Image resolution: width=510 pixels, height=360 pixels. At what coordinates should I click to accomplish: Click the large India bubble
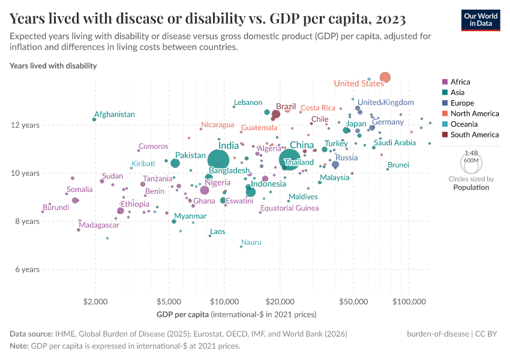pos(219,160)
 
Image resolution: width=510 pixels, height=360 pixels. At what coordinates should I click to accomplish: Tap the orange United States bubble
pos(385,77)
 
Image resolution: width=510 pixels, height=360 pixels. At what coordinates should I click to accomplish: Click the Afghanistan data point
pos(94,119)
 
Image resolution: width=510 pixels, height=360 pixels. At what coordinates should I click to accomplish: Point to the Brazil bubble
pos(276,114)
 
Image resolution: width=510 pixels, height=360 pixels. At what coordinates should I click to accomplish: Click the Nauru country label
pos(251,242)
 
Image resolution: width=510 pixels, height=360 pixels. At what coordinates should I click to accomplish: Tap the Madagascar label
pos(99,225)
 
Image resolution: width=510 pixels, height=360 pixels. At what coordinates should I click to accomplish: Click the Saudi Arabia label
pos(395,143)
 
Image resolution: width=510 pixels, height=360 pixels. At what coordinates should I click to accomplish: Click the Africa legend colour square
pos(444,82)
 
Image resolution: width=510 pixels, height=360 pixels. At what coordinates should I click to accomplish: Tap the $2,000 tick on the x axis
pos(95,300)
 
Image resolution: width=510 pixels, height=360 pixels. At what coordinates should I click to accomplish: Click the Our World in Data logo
pos(481,20)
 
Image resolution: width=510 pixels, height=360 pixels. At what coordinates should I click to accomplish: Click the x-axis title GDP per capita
pos(182,314)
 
